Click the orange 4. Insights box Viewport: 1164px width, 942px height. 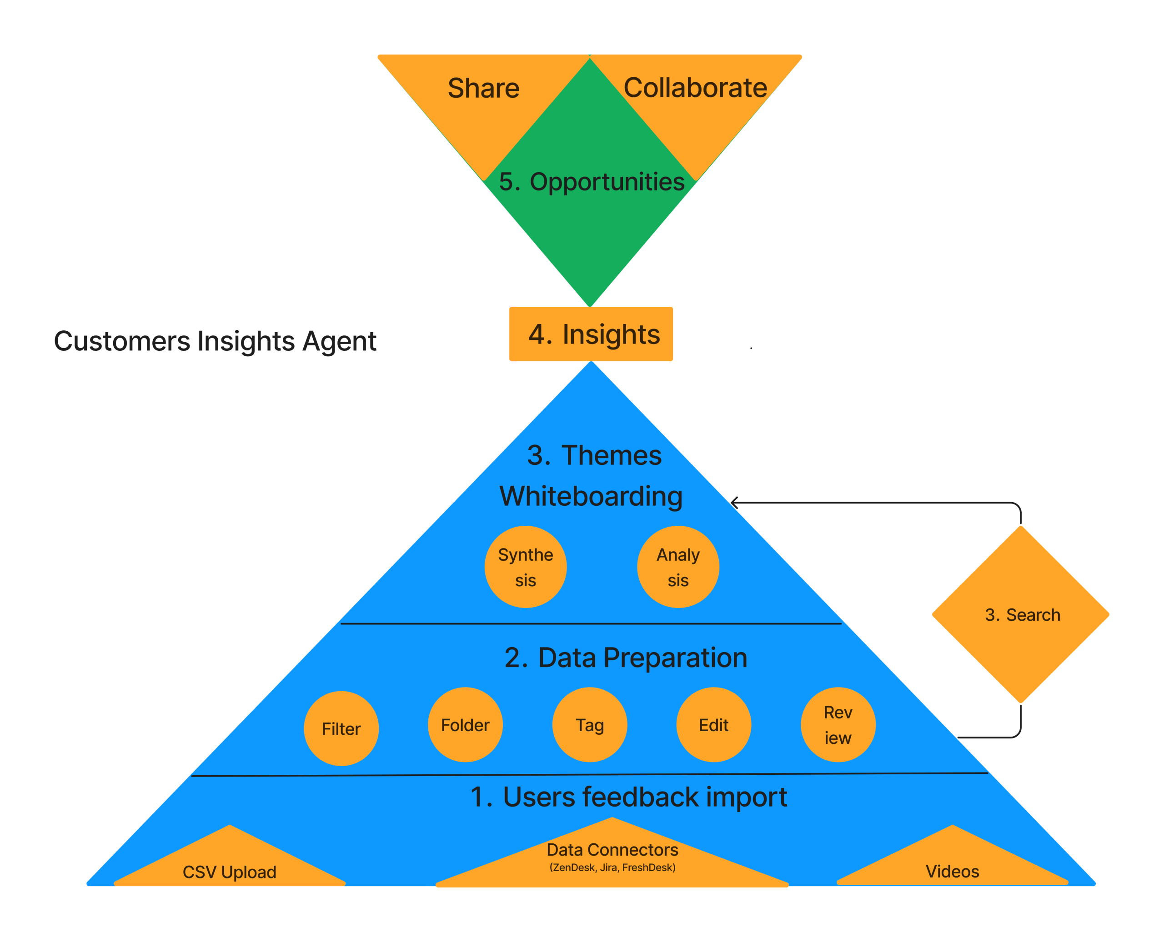pyautogui.click(x=590, y=334)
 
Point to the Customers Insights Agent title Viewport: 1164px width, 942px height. pyautogui.click(x=215, y=341)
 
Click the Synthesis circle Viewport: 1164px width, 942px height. pyautogui.click(x=525, y=567)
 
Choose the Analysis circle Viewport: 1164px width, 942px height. pyautogui.click(x=677, y=567)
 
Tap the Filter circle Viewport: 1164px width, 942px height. pyautogui.click(x=341, y=728)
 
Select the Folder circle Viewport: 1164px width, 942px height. pyautogui.click(x=465, y=725)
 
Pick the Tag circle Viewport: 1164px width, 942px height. pyautogui.click(x=589, y=725)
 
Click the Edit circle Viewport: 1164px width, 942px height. pyautogui.click(x=713, y=725)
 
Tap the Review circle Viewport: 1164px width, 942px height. pyautogui.click(x=837, y=725)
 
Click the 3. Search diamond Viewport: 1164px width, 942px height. pyautogui.click(x=1020, y=615)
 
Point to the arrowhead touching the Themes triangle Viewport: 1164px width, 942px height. pyautogui.click(x=733, y=503)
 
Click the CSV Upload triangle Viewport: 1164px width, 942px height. pyautogui.click(x=229, y=866)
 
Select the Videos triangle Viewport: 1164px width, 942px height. pyautogui.click(x=952, y=866)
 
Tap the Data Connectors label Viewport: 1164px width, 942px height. pyautogui.click(x=612, y=849)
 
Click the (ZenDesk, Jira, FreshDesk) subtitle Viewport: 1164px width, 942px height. pyautogui.click(x=612, y=867)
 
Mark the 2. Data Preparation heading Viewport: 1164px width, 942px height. pyautogui.click(x=626, y=658)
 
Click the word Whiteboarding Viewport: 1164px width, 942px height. pyautogui.click(x=591, y=496)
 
